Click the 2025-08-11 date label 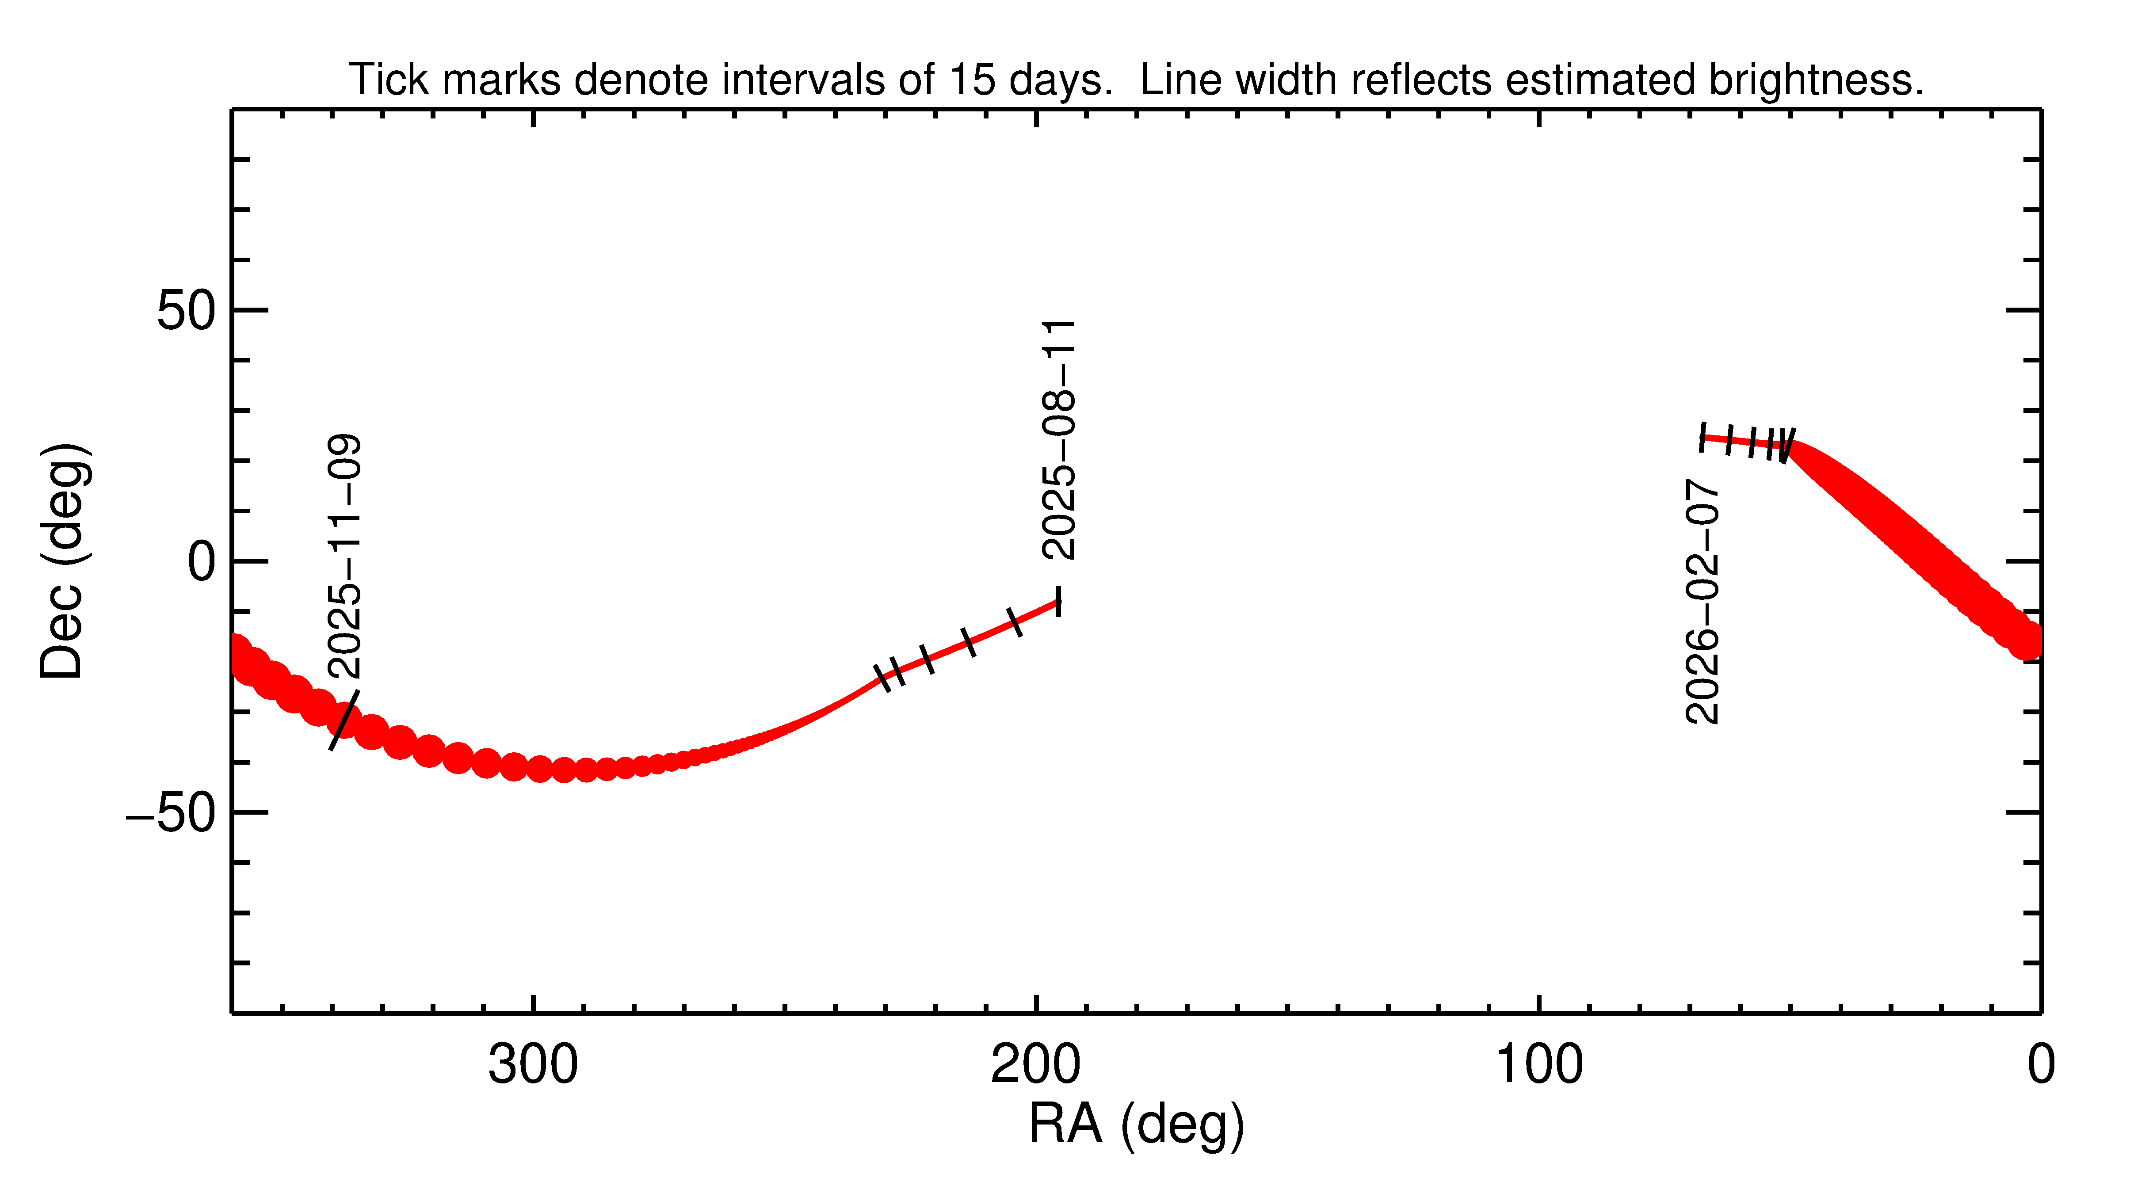click(x=1059, y=440)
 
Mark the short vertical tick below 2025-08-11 click(x=1059, y=602)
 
